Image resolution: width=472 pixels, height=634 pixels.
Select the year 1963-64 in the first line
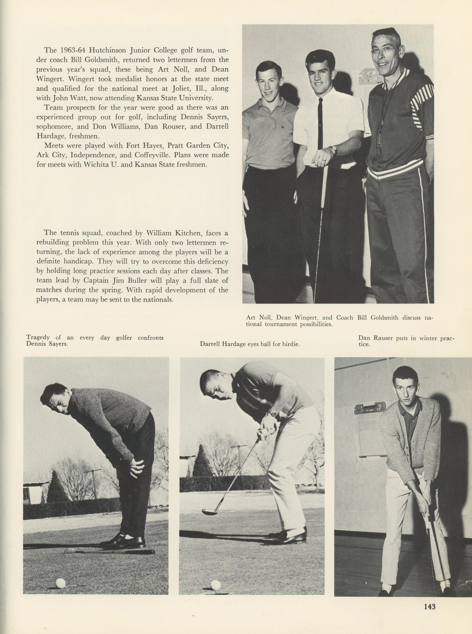[x=71, y=51]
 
